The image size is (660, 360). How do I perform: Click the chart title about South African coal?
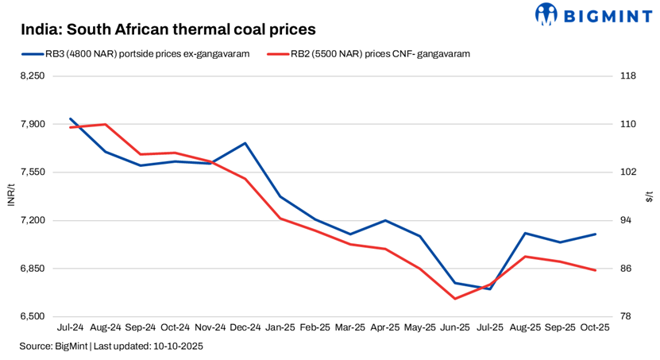(x=168, y=29)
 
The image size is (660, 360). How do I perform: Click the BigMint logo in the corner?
(x=595, y=14)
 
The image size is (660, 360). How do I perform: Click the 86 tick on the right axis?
(x=625, y=269)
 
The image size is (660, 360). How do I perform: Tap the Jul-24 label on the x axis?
(x=71, y=327)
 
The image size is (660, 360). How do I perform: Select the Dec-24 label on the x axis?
(x=245, y=327)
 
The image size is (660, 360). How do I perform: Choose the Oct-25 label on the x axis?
(x=595, y=327)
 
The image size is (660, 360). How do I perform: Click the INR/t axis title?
(x=10, y=195)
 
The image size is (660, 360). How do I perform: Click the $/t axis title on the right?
(x=649, y=195)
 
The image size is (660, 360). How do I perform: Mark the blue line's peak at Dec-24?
(x=245, y=143)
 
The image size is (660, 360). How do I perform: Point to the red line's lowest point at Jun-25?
(x=455, y=299)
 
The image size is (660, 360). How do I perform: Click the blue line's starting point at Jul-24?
(x=71, y=118)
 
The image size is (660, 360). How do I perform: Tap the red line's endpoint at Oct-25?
(x=595, y=270)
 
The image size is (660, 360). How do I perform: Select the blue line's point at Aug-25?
(x=525, y=233)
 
